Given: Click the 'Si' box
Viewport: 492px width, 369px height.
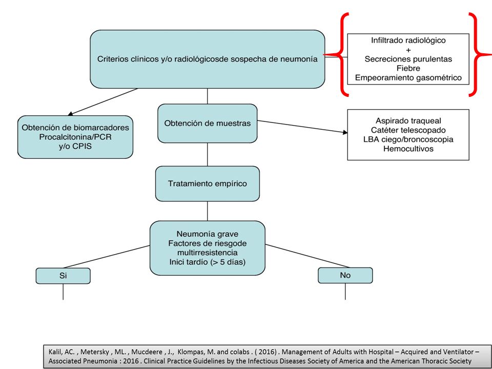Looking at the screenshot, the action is (x=63, y=276).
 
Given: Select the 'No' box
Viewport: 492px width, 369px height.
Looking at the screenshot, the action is (x=345, y=275).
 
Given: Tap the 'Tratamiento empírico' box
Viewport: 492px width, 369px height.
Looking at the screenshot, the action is (x=208, y=183).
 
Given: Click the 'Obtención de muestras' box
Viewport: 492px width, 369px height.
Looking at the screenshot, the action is (x=208, y=124).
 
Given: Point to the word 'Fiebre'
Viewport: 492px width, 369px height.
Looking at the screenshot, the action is (x=408, y=68).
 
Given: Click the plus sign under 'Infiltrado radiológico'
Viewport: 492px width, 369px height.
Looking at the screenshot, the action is (x=408, y=50).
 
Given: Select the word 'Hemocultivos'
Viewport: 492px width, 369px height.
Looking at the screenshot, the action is (x=408, y=149).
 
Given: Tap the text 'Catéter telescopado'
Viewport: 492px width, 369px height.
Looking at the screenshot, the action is (x=408, y=130).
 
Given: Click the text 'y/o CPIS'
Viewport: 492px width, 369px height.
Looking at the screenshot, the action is (x=75, y=146).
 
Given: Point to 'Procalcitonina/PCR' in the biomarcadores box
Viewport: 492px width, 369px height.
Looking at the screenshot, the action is (x=75, y=137).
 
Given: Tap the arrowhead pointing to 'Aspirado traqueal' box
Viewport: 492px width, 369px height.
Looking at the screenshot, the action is (x=345, y=132).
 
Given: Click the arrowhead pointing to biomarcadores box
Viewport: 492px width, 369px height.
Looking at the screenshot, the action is (x=71, y=114).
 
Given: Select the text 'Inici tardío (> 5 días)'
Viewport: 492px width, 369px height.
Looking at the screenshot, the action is (x=208, y=262).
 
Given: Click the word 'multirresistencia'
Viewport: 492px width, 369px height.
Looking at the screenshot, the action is (x=208, y=253).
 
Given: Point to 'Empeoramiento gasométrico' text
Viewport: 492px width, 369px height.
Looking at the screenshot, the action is (x=408, y=77).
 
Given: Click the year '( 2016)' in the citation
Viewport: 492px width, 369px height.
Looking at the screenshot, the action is (x=266, y=352).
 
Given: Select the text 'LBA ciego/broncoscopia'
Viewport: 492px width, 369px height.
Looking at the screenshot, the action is (x=408, y=139).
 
